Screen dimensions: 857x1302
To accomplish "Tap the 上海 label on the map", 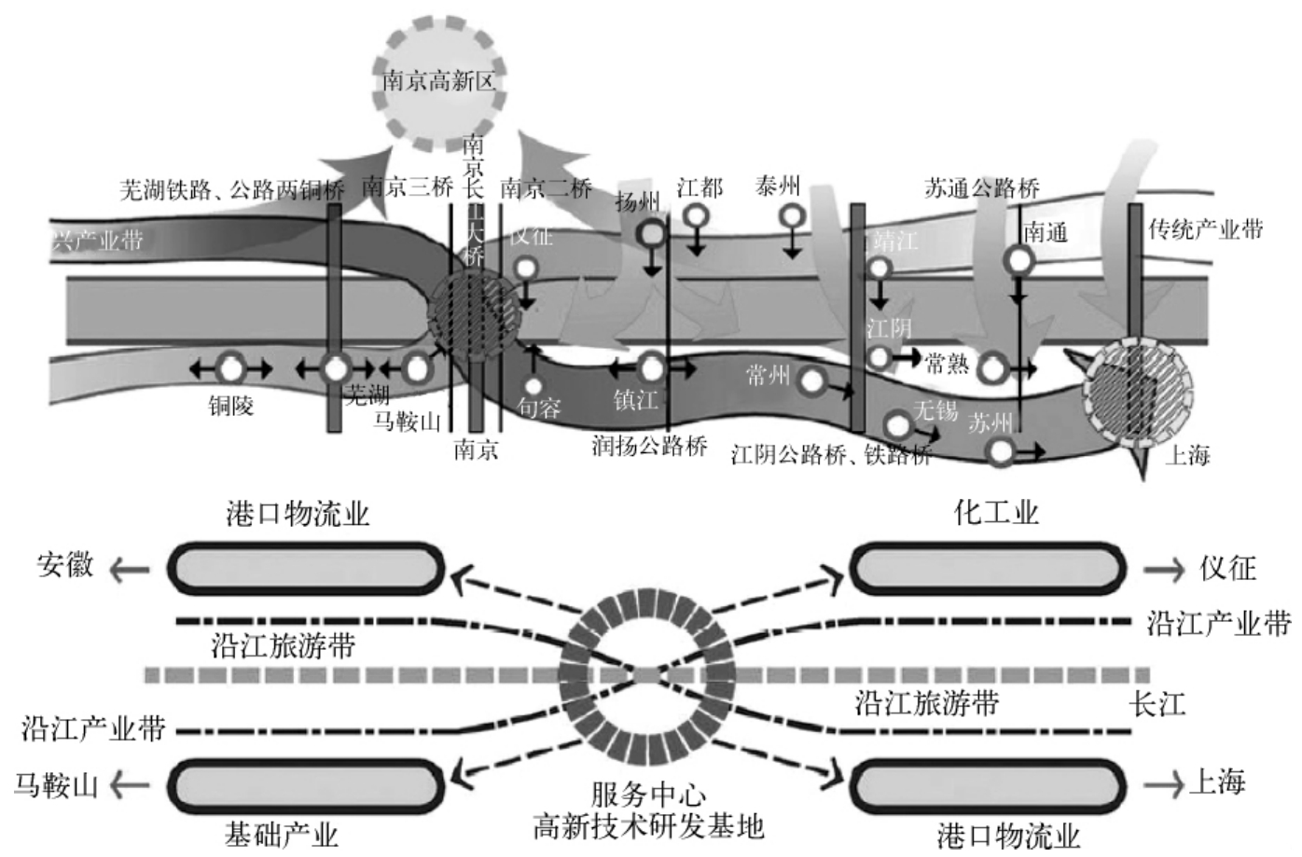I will (1187, 455).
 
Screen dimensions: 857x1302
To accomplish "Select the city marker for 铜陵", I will (230, 368).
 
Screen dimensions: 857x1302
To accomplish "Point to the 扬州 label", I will (638, 200).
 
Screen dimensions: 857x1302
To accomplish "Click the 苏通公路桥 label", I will (981, 188).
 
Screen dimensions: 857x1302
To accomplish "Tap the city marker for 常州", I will (813, 379).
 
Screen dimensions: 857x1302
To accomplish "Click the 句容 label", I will (539, 408).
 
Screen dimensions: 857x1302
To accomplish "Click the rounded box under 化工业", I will (987, 567).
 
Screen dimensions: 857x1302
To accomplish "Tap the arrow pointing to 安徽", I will (129, 567).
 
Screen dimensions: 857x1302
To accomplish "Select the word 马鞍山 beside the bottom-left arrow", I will (56, 785).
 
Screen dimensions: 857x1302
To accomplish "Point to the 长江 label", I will (1157, 704).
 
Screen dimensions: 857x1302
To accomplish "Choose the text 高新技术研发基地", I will (648, 825).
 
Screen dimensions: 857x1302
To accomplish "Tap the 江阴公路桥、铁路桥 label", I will (831, 456).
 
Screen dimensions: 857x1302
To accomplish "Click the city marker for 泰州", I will (793, 217).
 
